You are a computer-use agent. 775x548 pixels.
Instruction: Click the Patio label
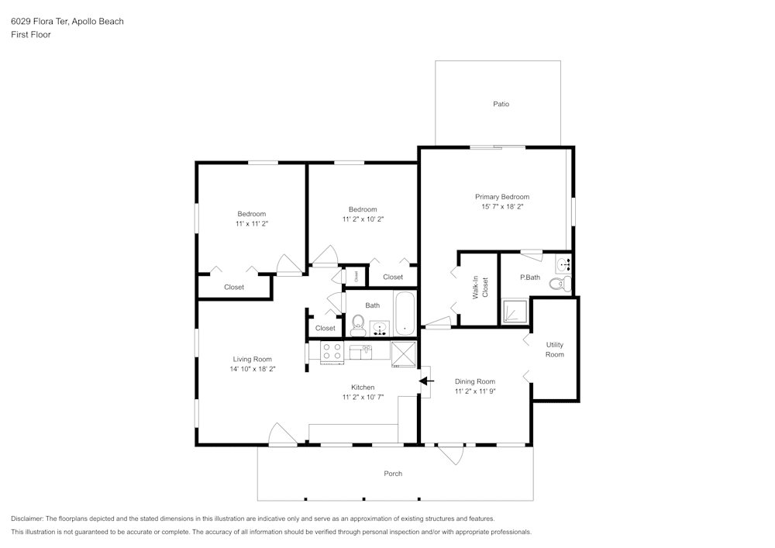[x=501, y=104]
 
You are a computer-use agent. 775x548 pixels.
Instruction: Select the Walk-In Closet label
[x=480, y=288]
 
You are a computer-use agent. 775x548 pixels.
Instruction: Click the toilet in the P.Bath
[x=558, y=285]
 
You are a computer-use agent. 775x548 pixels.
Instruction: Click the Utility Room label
[x=554, y=350]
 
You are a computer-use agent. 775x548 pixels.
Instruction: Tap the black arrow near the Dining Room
[x=425, y=381]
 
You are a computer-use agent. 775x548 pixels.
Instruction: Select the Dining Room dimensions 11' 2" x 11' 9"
[x=474, y=391]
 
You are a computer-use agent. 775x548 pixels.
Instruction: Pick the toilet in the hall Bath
[x=358, y=321]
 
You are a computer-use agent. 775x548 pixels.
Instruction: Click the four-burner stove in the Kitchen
[x=332, y=353]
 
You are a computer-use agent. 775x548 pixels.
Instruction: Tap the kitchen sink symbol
[x=360, y=353]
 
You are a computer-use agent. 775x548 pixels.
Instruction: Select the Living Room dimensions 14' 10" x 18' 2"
[x=253, y=369]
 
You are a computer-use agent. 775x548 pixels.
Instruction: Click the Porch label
[x=393, y=474]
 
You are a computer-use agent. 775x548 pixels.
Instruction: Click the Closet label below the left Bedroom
[x=234, y=288]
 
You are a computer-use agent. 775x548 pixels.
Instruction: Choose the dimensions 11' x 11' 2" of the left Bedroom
[x=252, y=223]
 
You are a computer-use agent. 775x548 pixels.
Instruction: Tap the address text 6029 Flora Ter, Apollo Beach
[x=67, y=22]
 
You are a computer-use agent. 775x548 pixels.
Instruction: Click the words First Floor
[x=31, y=35]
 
